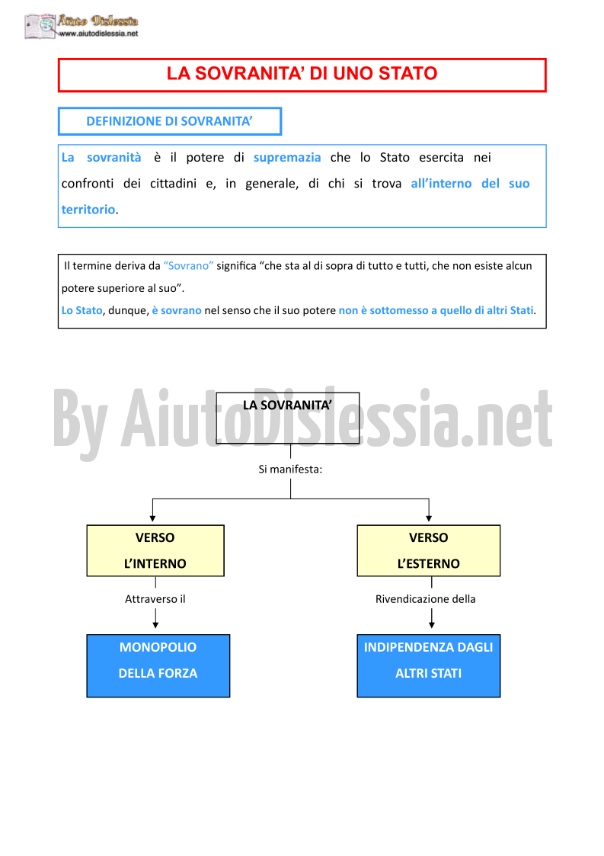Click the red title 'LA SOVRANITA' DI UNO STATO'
(x=302, y=74)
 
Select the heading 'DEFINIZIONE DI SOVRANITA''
(x=169, y=121)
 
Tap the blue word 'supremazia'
(x=287, y=158)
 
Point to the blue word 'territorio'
(x=88, y=210)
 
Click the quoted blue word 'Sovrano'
(x=188, y=266)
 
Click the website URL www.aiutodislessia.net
(x=98, y=34)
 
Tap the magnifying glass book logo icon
(x=40, y=26)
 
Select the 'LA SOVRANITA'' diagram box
(x=288, y=418)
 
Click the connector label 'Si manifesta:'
(x=290, y=470)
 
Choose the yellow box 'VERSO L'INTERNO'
(x=155, y=551)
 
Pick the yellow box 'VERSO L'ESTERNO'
(x=428, y=551)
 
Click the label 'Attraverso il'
(x=155, y=599)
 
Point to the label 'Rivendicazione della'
(x=426, y=599)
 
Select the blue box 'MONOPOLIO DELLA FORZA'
(x=158, y=666)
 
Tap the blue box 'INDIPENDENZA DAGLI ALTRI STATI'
(x=428, y=666)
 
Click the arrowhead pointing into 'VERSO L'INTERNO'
(x=153, y=518)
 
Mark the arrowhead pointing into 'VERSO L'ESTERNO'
(x=429, y=518)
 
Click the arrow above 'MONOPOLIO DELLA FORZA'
(x=155, y=618)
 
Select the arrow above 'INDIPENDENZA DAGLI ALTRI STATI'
(x=432, y=618)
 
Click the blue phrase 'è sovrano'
(x=177, y=311)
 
